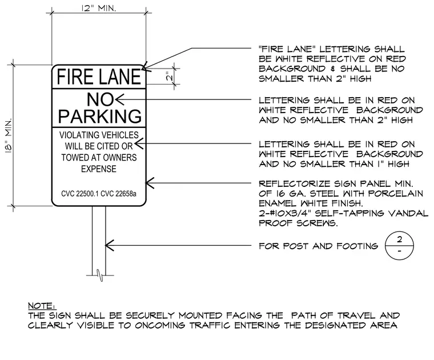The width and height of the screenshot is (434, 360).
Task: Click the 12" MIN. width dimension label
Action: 99,8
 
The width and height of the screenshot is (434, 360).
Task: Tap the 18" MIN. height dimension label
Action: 9,135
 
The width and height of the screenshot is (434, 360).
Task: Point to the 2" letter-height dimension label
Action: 170,77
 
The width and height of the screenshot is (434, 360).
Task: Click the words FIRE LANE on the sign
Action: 99,77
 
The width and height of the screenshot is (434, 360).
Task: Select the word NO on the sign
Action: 100,99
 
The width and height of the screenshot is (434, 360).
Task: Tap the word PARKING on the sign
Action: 100,116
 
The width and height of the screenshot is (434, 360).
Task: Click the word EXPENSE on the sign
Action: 99,169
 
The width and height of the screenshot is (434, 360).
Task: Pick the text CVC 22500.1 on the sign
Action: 80,194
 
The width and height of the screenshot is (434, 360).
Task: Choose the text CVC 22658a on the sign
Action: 118,194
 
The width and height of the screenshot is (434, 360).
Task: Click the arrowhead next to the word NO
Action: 119,99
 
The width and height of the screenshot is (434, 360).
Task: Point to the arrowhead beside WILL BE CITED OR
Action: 139,143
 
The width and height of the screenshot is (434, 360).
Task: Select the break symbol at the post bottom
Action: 100,275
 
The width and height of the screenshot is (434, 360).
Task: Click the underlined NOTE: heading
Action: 42,306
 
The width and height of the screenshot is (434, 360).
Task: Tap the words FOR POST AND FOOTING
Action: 318,246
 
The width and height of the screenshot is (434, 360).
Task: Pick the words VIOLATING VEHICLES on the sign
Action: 99,135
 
